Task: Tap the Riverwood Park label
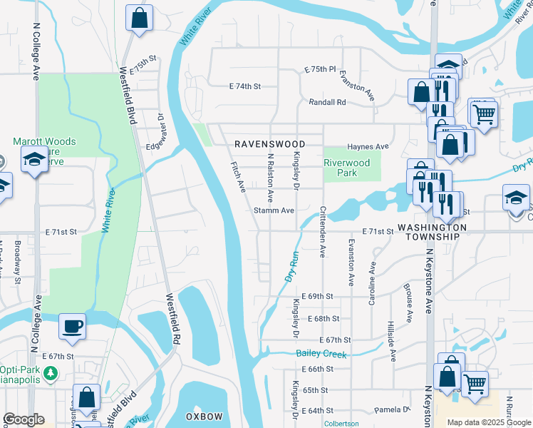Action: (x=347, y=168)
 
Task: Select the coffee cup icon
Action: (x=73, y=327)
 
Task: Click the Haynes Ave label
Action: (x=368, y=147)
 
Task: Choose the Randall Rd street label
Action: (x=327, y=103)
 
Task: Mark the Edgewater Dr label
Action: (x=160, y=131)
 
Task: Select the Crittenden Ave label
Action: (x=322, y=233)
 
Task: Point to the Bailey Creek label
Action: (x=321, y=355)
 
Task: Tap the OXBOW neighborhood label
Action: (x=205, y=416)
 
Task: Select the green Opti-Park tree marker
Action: (x=51, y=373)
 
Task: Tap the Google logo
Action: (x=24, y=419)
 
